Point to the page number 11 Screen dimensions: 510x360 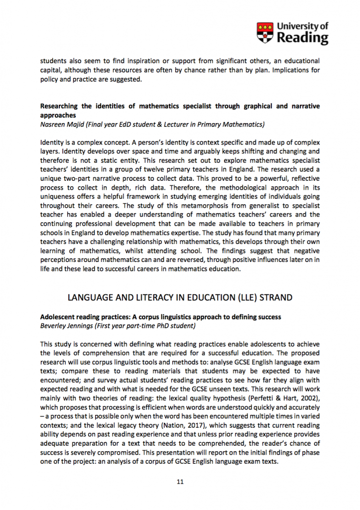pyautogui.click(x=180, y=482)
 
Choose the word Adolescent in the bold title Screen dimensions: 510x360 pyautogui.click(x=58, y=317)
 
